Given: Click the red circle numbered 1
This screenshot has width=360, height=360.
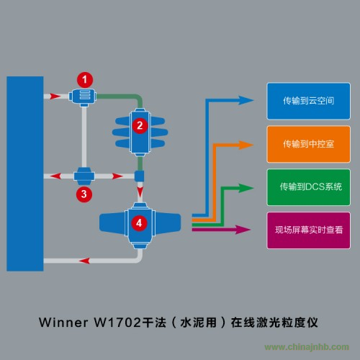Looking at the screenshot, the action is pos(85,80).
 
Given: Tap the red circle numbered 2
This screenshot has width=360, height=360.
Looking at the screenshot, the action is pos(140,125).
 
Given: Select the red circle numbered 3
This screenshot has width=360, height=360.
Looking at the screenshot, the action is pos(84,194).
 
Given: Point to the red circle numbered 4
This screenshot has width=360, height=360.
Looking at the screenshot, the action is pos(139,223).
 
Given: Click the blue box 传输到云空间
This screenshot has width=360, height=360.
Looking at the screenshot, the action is pos(308,101).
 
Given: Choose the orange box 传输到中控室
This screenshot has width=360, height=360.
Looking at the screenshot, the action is pos(308,144).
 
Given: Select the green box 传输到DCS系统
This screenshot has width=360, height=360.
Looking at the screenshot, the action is pos(308,187).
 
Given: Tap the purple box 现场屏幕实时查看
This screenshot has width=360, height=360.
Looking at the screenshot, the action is pos(308,230).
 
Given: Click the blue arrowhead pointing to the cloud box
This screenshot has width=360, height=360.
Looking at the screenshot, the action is pos(246,100).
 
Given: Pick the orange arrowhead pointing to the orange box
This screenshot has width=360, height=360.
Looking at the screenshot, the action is pos(246,145).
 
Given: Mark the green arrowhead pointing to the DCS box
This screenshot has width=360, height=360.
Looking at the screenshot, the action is pos(246,188).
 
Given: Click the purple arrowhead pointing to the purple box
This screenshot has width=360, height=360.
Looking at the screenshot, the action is pos(243,230).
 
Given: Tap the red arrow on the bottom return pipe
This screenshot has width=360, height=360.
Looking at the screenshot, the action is pos(84,261).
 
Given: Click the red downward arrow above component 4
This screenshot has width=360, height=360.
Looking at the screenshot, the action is pos(140,192).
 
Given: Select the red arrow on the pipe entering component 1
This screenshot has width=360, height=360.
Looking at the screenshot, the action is pos(55,96).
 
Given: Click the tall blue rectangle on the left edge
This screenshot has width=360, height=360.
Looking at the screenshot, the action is pos(25,174).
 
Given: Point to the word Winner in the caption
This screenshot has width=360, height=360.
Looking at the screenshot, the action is pos(63,323).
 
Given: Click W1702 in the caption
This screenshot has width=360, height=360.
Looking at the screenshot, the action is pos(117,323).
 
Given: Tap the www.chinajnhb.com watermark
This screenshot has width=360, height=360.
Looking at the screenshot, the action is pos(307,347).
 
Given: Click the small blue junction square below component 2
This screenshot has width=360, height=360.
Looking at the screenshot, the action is pos(139,176).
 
